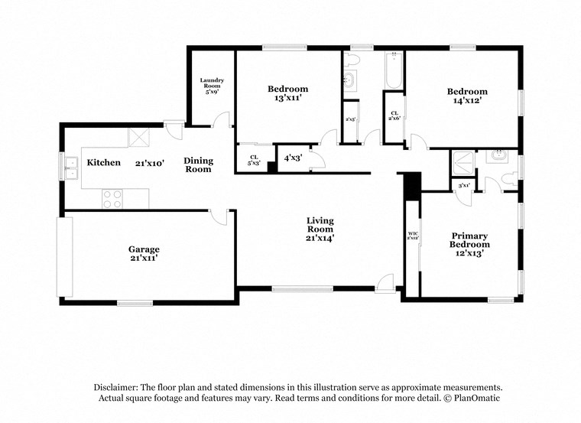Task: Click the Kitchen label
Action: coord(103,163)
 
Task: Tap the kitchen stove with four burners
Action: coord(112,199)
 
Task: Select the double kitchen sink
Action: coord(71,168)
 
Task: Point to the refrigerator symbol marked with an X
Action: coord(138,138)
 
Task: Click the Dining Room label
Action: coord(198,165)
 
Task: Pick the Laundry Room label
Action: coord(212,86)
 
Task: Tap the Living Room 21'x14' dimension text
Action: coord(320,238)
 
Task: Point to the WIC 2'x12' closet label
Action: coord(412,235)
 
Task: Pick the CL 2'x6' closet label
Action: coord(394,116)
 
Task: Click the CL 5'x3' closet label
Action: coord(254,160)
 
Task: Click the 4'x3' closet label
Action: coord(292,158)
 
